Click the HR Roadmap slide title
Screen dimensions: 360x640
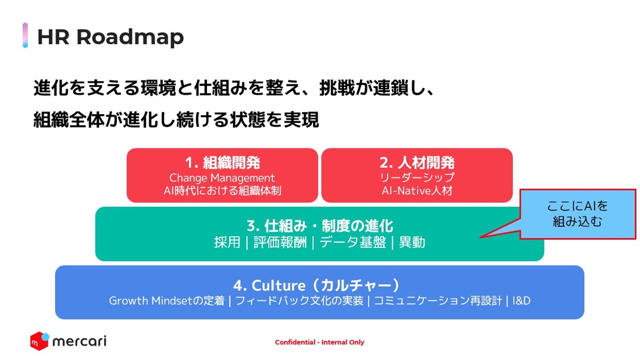(x=110, y=37)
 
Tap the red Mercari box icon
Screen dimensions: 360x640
(x=39, y=340)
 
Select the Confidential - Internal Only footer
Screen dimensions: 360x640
(x=319, y=342)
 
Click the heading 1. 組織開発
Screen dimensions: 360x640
(x=222, y=163)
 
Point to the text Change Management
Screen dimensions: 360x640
(x=222, y=178)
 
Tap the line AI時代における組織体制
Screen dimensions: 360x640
(x=222, y=190)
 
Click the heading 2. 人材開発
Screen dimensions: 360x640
(x=417, y=163)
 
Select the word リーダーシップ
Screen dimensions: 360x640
(x=417, y=178)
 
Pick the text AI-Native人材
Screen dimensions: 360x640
(x=417, y=190)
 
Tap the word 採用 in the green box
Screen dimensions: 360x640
(x=227, y=243)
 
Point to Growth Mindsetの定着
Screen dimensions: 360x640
(x=166, y=301)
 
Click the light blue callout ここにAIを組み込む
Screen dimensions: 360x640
(x=578, y=214)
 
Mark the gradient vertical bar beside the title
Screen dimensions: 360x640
(x=25, y=35)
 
